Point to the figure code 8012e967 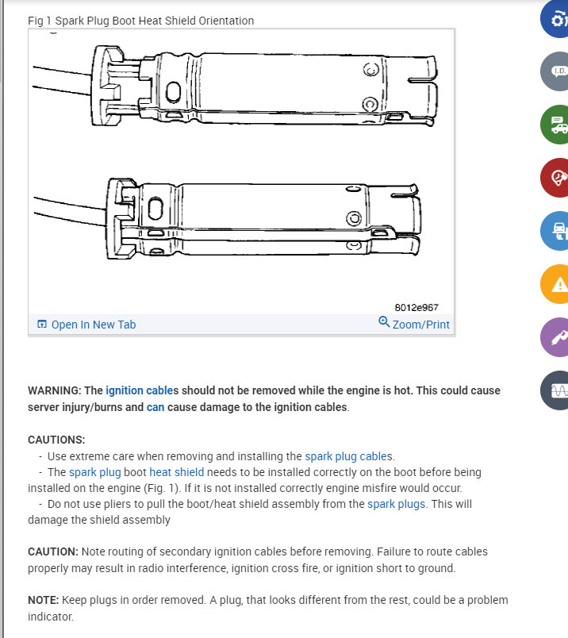416,307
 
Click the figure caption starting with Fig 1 140,21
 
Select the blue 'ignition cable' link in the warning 140,391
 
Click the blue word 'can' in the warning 155,407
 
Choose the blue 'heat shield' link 176,472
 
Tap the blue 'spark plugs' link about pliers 396,504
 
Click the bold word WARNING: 54,391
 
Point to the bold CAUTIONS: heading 56,440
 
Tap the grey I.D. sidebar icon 558,71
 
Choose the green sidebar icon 558,125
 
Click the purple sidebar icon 558,336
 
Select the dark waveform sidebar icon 558,390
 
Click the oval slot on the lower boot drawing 155,210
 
